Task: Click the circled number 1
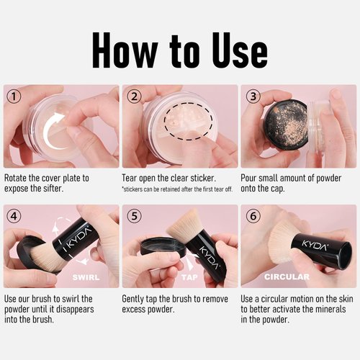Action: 14,96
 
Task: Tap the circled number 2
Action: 134,96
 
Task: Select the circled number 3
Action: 253,96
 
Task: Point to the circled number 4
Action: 14,216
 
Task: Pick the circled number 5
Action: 134,216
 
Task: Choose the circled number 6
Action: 253,216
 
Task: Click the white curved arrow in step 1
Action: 48,131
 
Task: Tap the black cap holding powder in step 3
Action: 287,124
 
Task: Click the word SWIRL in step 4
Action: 86,277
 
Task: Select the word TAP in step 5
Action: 189,277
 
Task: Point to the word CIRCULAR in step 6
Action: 287,277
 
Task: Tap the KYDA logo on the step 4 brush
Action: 78,238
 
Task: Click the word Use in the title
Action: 240,50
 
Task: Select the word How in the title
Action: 125,50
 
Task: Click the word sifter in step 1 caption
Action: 53,189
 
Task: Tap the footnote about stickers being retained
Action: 177,189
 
